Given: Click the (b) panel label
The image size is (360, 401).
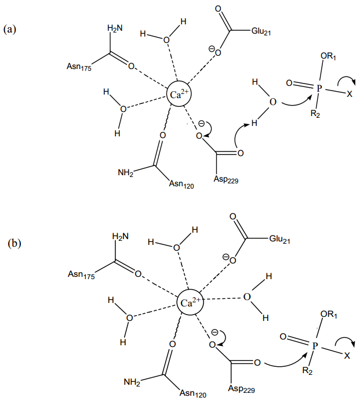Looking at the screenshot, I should [x=14, y=243].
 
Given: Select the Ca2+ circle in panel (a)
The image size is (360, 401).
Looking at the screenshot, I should [x=178, y=93].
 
